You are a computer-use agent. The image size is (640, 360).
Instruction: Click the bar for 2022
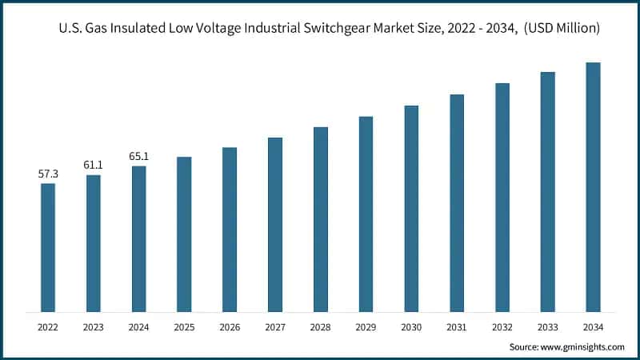[48, 247]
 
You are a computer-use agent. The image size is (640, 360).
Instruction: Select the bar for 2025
[184, 234]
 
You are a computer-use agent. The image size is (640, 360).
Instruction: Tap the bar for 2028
[321, 219]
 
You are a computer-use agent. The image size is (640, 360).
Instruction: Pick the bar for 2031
[457, 203]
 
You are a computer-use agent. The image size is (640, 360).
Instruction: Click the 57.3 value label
[48, 174]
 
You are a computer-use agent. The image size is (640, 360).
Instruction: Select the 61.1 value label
[94, 165]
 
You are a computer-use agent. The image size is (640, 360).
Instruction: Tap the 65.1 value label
[138, 156]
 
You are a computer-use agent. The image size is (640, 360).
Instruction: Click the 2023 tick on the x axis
[94, 326]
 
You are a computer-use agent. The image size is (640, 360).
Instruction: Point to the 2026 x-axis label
[230, 326]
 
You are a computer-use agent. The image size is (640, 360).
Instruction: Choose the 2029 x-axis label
[366, 326]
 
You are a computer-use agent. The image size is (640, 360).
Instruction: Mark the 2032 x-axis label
[502, 326]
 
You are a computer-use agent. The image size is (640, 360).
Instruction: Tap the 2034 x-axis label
[593, 326]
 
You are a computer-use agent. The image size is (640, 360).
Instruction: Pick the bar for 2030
[411, 209]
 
